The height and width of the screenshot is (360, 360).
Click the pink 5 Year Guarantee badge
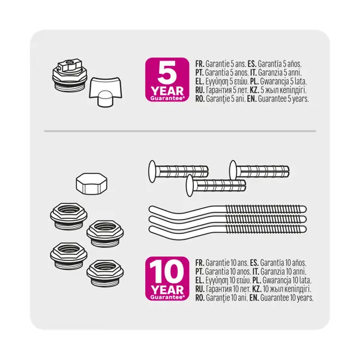pos(167,79)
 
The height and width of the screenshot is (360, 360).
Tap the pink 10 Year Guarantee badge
pos(167,278)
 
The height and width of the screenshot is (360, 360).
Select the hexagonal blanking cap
pos(92,184)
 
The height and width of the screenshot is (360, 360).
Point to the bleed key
pos(106,92)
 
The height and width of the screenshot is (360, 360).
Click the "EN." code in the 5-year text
pos(251,99)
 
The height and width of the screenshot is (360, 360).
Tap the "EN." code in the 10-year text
pos(254,298)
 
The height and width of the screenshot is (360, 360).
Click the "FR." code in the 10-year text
pos(200,263)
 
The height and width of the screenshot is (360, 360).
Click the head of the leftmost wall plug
pos(152,172)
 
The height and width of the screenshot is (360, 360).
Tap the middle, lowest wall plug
pos(216,185)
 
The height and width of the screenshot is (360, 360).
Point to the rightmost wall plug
pos(259,172)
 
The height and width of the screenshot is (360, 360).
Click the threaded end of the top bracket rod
pos(266,209)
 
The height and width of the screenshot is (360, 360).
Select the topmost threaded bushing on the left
pos(68,216)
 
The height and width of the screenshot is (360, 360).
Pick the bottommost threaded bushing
pos(105,273)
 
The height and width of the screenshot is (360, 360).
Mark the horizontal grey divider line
pos(180,131)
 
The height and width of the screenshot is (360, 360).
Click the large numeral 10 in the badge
pos(167,272)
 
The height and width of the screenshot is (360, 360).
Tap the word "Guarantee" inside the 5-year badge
pos(167,98)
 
